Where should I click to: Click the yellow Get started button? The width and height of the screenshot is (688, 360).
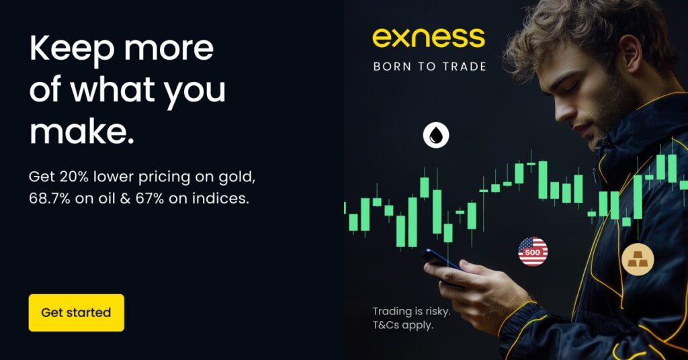pyautogui.click(x=77, y=312)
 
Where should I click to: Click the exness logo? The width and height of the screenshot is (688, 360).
pyautogui.click(x=429, y=38)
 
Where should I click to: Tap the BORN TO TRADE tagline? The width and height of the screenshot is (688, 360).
pyautogui.click(x=429, y=66)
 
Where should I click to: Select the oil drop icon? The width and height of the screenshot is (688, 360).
pyautogui.click(x=436, y=135)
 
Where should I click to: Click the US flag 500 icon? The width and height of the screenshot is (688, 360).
pyautogui.click(x=533, y=252)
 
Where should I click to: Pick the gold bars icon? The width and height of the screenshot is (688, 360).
pyautogui.click(x=638, y=259)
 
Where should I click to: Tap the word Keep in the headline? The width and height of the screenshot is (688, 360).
pyautogui.click(x=73, y=48)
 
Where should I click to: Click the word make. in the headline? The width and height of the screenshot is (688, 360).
pyautogui.click(x=81, y=132)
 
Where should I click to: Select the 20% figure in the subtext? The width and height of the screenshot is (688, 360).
pyautogui.click(x=74, y=177)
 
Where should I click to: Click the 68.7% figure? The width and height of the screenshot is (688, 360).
pyautogui.click(x=50, y=198)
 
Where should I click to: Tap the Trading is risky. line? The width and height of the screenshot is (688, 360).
pyautogui.click(x=412, y=312)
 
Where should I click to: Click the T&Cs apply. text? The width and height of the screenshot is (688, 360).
pyautogui.click(x=403, y=325)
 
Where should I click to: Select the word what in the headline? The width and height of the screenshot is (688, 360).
pyautogui.click(x=113, y=89)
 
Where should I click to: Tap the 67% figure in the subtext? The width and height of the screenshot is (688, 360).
pyautogui.click(x=150, y=198)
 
